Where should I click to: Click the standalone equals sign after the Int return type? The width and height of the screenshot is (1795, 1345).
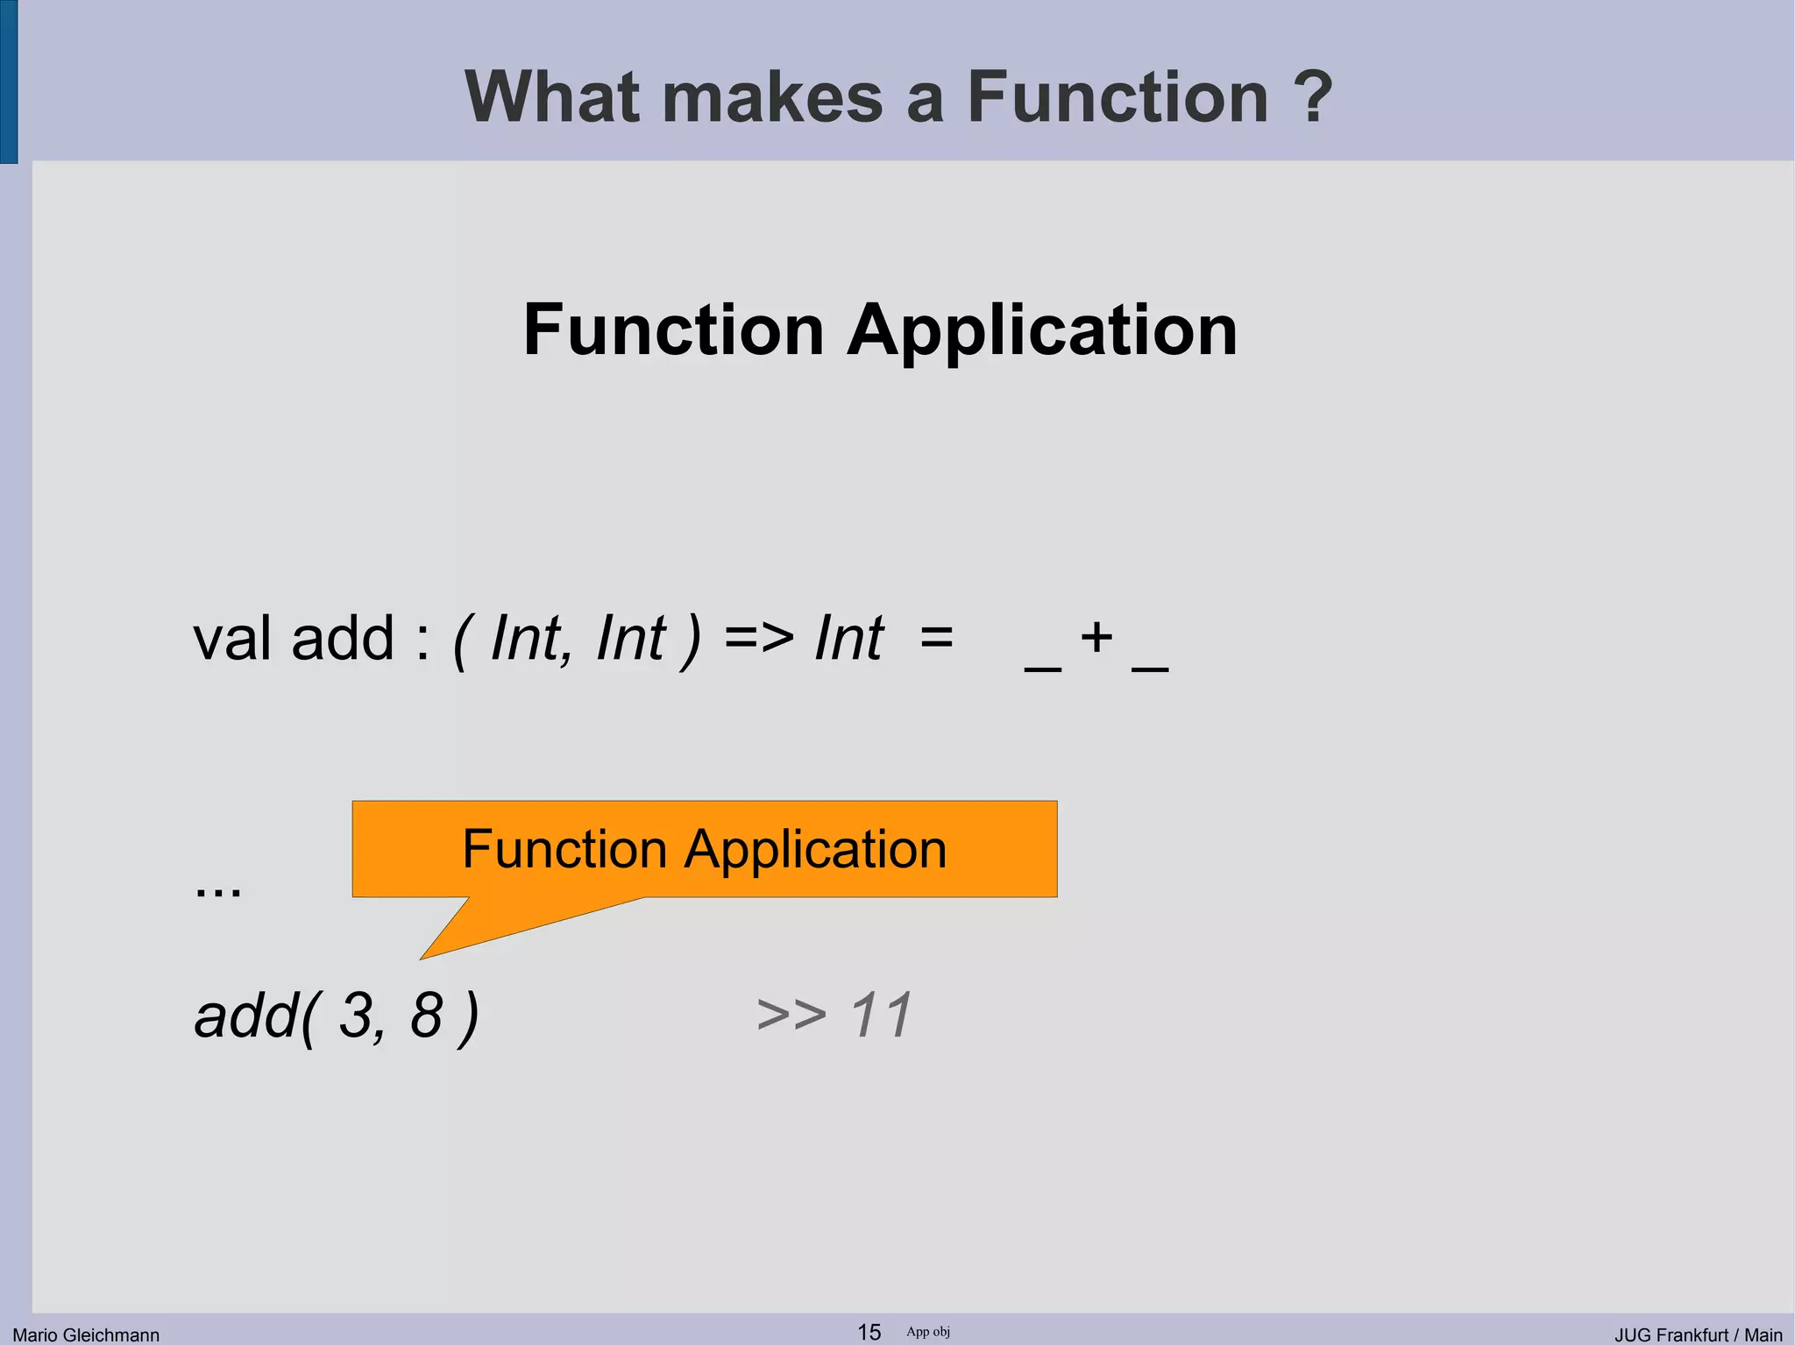tap(937, 638)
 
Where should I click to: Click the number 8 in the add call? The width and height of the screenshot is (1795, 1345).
tap(427, 1016)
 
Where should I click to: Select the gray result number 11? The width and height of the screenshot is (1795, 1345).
tap(881, 1015)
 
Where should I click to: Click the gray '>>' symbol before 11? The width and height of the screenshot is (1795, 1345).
tap(791, 1016)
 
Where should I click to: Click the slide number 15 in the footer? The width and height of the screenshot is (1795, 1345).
tap(869, 1332)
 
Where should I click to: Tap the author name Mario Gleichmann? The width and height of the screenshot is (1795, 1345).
tap(86, 1334)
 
